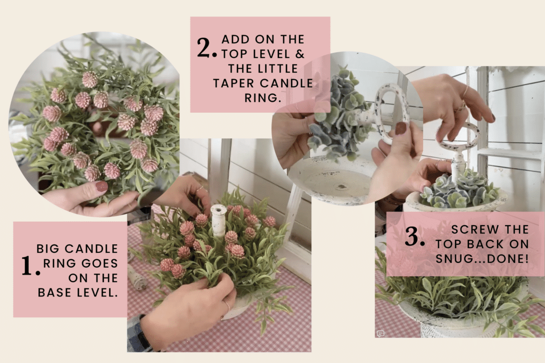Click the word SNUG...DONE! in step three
(482, 259)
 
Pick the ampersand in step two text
(300, 54)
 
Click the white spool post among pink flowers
(219, 220)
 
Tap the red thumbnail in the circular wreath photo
(102, 187)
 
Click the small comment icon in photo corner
(381, 334)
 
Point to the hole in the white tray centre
(342, 187)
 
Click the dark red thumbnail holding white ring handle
(401, 128)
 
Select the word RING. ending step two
(262, 98)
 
